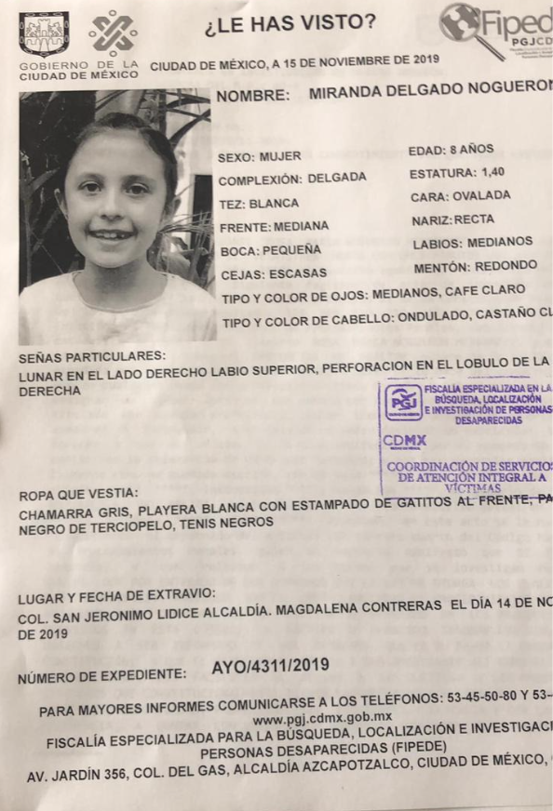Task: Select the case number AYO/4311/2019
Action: tap(270, 666)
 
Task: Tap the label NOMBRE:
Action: tap(251, 96)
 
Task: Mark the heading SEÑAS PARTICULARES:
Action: tap(93, 356)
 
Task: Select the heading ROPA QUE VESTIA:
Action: tap(78, 493)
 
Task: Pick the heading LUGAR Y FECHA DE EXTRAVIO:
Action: tap(117, 594)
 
